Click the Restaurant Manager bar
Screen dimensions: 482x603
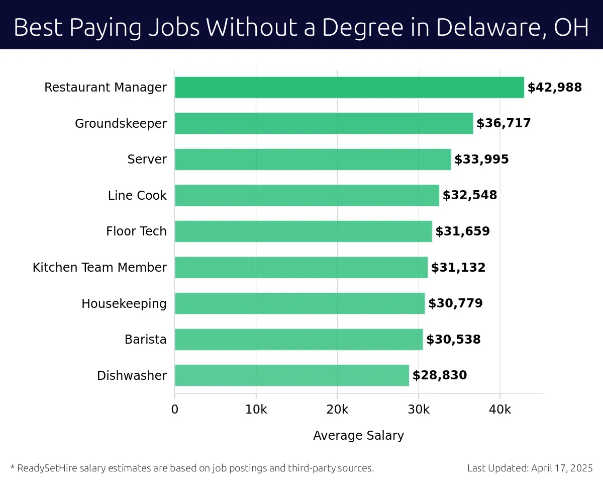coord(349,88)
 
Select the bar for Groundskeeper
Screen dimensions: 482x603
coord(324,123)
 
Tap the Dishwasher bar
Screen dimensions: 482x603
coord(291,375)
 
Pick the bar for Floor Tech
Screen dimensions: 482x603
coord(303,231)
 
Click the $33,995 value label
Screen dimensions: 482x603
coord(481,159)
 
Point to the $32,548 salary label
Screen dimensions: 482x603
coord(470,195)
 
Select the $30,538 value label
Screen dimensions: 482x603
coord(453,340)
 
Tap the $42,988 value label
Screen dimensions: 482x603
coord(554,88)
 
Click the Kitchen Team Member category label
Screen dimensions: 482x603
coord(99,268)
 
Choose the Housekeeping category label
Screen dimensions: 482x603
coord(124,304)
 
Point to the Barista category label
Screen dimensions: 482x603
coord(145,340)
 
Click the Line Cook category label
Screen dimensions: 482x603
coord(137,196)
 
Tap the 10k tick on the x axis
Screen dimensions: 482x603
coord(256,409)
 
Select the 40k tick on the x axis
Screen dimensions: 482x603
coord(499,409)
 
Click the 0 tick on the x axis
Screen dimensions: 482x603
coord(175,409)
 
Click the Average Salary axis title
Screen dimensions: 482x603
coord(358,435)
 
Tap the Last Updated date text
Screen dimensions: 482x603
coord(530,468)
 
